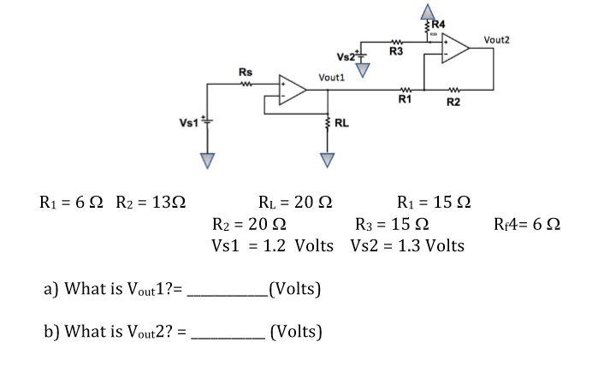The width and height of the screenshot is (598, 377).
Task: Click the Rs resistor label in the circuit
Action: click(245, 72)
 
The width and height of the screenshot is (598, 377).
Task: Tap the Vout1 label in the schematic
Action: click(331, 77)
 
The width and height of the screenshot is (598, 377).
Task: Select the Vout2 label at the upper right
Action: click(497, 39)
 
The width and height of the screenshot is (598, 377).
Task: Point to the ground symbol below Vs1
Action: click(205, 159)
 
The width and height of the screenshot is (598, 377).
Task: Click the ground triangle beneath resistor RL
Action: click(327, 159)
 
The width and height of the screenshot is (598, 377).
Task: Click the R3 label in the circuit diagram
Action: click(396, 53)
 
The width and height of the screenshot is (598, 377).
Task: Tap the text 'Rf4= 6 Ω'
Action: click(527, 225)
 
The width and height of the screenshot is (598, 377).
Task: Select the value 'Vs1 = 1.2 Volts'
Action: click(272, 246)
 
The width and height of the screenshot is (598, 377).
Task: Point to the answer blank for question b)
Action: click(228, 330)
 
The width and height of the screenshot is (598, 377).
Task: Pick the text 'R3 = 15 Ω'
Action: click(392, 225)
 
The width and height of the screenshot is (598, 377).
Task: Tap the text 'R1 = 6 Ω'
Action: click(72, 203)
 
